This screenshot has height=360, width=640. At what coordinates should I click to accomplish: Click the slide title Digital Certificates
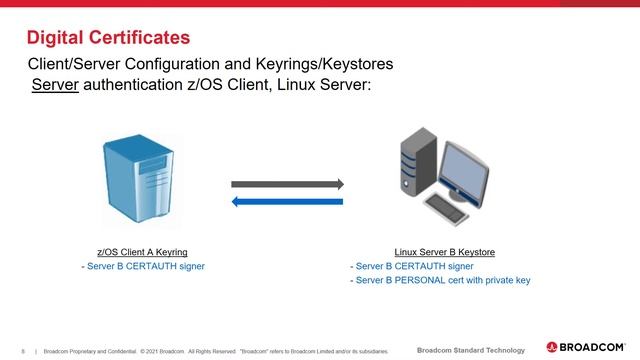tap(107, 38)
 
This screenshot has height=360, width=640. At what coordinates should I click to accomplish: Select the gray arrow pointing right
tap(288, 184)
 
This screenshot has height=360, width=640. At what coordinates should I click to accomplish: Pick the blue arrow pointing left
tap(288, 202)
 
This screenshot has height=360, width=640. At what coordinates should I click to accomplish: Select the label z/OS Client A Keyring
tap(141, 253)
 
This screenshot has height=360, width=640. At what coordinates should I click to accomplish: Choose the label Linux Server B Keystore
tap(445, 253)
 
